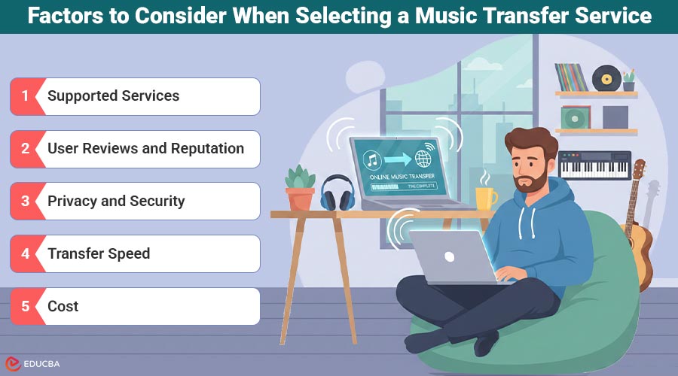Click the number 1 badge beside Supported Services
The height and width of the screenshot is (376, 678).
(25, 96)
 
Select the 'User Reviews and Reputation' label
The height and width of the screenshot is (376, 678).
(145, 149)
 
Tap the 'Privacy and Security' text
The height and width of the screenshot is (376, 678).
(116, 202)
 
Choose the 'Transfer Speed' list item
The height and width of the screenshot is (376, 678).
(99, 254)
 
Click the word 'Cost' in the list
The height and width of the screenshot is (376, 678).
(63, 307)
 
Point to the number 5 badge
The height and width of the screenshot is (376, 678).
(25, 307)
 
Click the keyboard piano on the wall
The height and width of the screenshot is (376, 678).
(594, 165)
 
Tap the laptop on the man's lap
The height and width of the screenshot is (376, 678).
(448, 256)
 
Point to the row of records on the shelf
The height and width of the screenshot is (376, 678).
(571, 77)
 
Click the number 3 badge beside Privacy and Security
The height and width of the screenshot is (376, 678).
(25, 202)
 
